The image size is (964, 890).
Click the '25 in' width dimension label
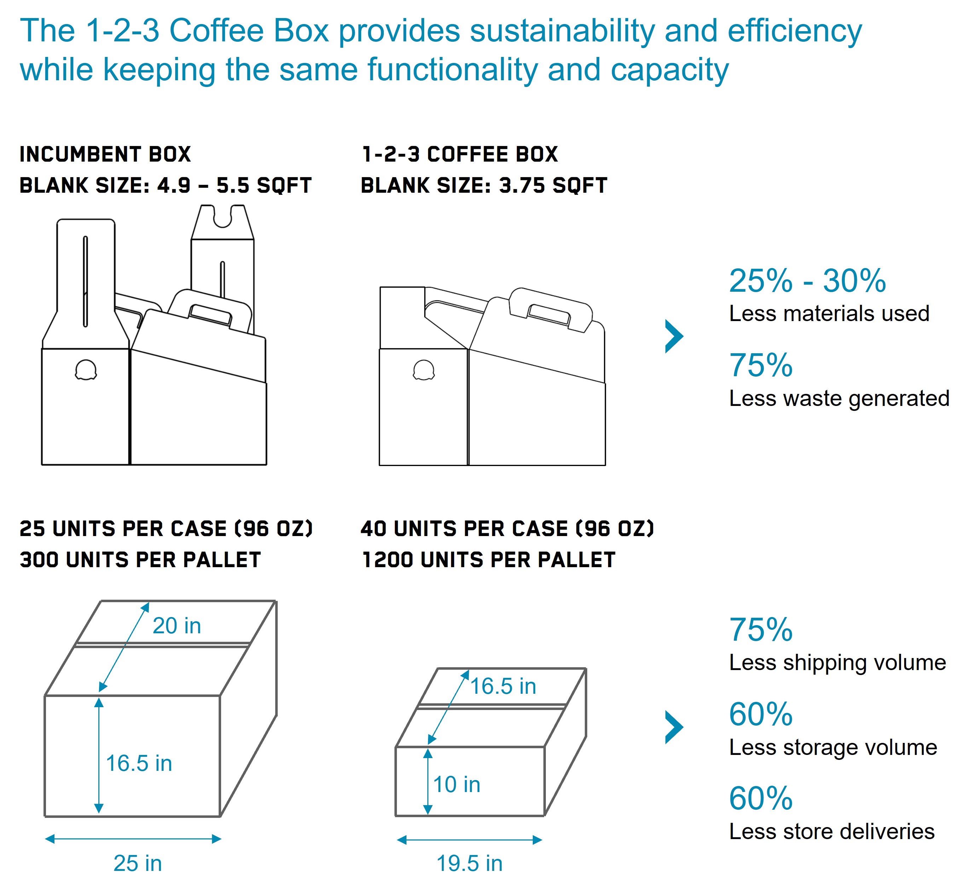(x=137, y=863)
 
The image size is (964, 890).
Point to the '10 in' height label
(x=457, y=785)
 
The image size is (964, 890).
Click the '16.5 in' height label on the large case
(x=139, y=763)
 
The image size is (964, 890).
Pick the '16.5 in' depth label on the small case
(x=503, y=686)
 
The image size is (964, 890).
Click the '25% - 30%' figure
(x=807, y=280)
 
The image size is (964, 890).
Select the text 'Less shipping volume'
(x=838, y=663)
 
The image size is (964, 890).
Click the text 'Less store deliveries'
(x=832, y=832)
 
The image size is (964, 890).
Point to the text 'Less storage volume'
(x=833, y=748)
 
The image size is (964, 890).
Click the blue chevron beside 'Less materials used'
(x=674, y=336)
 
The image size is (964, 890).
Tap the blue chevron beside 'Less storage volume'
(x=674, y=727)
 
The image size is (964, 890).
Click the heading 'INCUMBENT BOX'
(x=105, y=155)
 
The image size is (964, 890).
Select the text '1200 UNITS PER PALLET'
(x=489, y=560)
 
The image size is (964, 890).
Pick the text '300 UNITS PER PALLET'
(x=140, y=560)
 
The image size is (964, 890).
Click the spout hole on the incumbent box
(x=86, y=370)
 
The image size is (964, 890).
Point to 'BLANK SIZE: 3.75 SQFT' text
(x=484, y=185)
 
